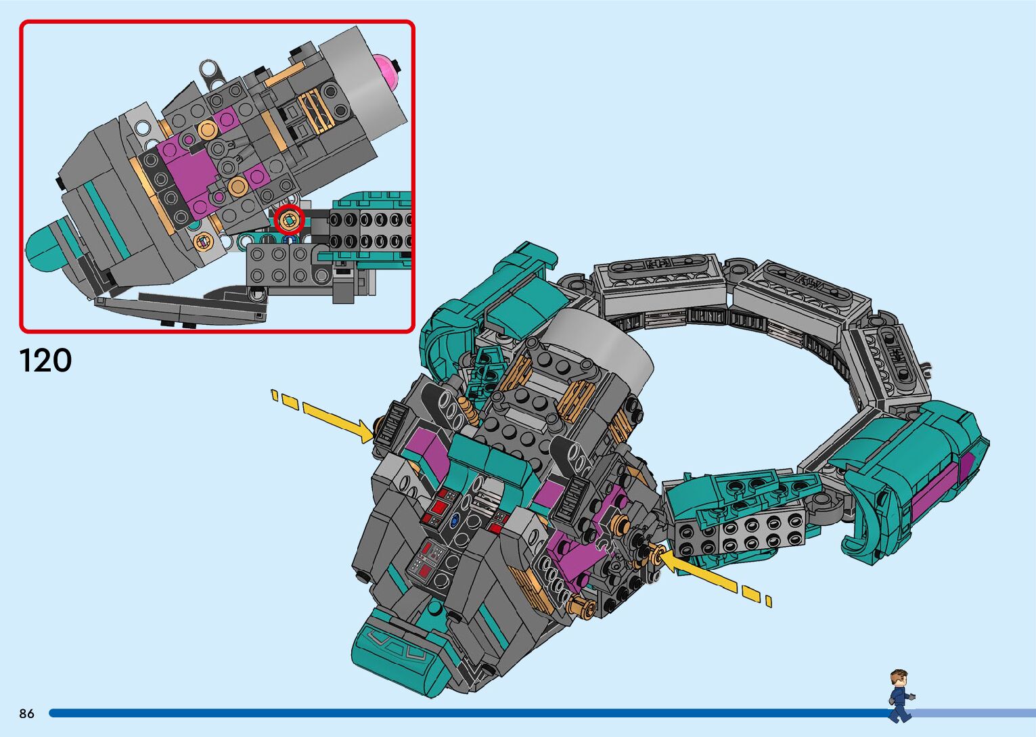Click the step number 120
[45, 361]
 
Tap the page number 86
[27, 713]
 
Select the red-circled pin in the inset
[289, 221]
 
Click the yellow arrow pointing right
[322, 416]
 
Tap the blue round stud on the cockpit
[455, 520]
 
